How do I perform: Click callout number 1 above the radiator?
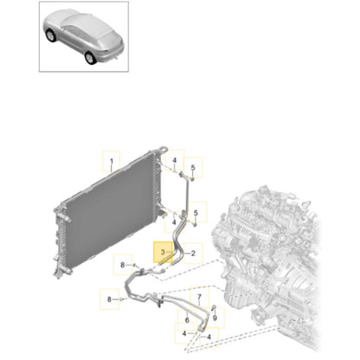[112, 161]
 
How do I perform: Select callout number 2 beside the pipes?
[193, 254]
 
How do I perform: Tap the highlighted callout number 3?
[163, 253]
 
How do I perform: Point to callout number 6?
[187, 320]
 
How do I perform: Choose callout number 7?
[199, 297]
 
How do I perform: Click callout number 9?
[215, 318]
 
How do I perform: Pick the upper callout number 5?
[193, 167]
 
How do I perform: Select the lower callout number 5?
[196, 213]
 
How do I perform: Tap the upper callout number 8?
[122, 265]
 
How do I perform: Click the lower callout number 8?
[109, 299]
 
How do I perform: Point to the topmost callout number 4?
[174, 160]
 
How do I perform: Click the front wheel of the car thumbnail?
[51, 35]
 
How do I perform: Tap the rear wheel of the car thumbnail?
[90, 57]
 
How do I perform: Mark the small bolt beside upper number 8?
[134, 265]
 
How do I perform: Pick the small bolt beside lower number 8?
[121, 299]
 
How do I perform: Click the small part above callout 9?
[214, 307]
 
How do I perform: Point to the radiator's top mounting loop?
[164, 149]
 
